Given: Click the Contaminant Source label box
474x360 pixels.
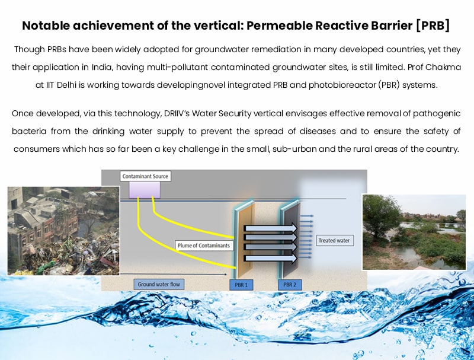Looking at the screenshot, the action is tap(145, 176).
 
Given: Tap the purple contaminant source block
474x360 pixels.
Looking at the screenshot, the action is tap(145, 190).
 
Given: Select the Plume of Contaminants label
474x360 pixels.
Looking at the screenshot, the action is tap(204, 246).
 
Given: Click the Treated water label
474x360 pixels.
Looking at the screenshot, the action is tap(334, 241).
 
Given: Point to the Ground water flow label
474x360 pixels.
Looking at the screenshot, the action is tap(159, 284).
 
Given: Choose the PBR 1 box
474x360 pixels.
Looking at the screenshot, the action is tap(241, 285).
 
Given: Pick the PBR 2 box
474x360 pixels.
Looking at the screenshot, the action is tap(290, 285).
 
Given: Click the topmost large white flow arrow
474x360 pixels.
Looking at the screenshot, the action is tap(271, 228).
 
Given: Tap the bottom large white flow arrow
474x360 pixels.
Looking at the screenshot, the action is tap(271, 258).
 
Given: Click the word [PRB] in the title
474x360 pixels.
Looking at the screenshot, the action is tap(433, 26).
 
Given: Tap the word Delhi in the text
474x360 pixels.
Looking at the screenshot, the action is tap(66, 85).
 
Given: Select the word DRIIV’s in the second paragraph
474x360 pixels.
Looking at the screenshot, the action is tap(177, 113).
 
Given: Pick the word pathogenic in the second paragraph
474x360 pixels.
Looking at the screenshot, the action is tap(437, 114).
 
